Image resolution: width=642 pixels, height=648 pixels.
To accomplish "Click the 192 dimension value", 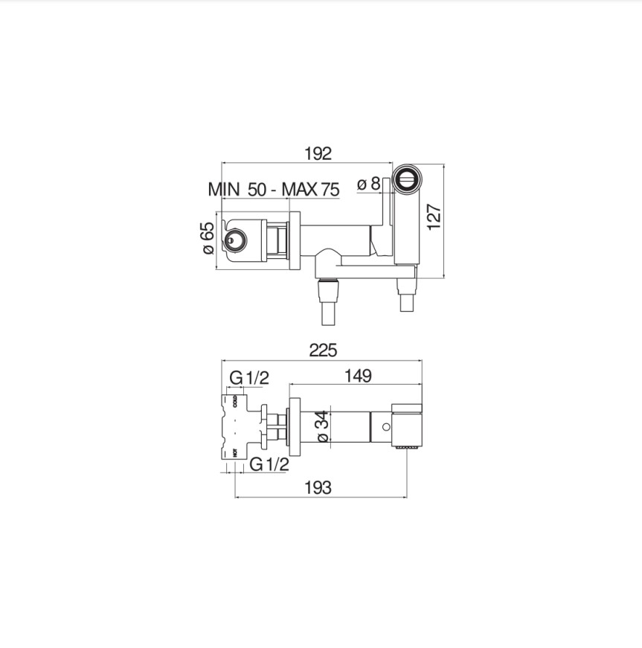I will click(x=318, y=154).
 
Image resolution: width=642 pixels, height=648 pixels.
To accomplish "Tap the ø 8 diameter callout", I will click(x=369, y=183).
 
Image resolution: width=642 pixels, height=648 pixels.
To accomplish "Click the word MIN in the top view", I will click(x=224, y=189).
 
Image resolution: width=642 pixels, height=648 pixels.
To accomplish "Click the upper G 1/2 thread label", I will click(x=248, y=378).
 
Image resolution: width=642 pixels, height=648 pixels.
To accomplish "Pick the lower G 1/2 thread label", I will click(x=269, y=464).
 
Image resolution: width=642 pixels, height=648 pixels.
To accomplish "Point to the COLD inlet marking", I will click(x=235, y=402).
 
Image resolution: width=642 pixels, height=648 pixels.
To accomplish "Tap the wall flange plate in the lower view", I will click(x=294, y=426).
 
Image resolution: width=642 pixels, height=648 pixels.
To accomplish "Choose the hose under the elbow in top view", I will click(x=328, y=305).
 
